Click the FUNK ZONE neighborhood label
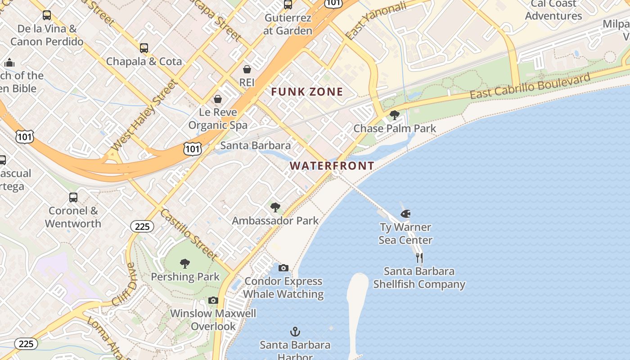click(x=307, y=92)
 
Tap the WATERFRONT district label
click(x=332, y=166)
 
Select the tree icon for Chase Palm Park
click(x=395, y=115)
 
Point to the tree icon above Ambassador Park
click(x=275, y=207)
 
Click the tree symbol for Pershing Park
click(x=184, y=264)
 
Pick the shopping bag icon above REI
click(x=247, y=69)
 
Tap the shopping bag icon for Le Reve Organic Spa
click(x=218, y=99)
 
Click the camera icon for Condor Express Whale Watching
click(x=283, y=268)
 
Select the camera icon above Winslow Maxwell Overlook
click(x=213, y=300)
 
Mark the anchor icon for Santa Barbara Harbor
click(x=295, y=332)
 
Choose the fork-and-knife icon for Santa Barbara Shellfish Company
click(x=419, y=258)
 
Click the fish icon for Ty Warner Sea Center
click(x=405, y=214)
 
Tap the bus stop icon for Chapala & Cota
click(x=144, y=48)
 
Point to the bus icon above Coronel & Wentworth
click(x=73, y=198)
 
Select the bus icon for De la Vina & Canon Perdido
click(x=47, y=16)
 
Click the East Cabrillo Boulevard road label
click(x=530, y=86)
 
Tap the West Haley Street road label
click(x=143, y=115)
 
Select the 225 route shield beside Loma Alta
click(x=26, y=344)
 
